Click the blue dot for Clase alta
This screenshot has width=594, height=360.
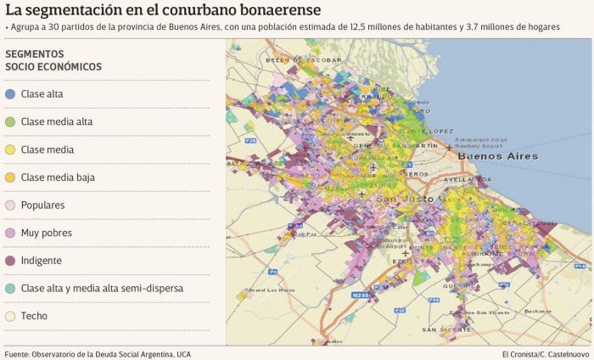[9, 94]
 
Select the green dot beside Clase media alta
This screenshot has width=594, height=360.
[9, 122]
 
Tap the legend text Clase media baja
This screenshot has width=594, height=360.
[58, 177]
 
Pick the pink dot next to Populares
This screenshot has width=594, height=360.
[9, 205]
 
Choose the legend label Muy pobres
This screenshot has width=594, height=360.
[46, 233]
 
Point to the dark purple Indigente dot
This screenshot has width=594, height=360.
[9, 261]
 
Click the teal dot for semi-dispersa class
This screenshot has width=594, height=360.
[9, 289]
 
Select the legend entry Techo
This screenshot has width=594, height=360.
[34, 316]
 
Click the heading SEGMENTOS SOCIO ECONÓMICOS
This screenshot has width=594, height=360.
[53, 60]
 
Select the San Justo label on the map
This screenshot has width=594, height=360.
[396, 200]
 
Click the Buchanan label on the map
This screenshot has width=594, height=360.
[536, 311]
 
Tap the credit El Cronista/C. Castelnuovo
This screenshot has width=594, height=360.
[544, 353]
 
